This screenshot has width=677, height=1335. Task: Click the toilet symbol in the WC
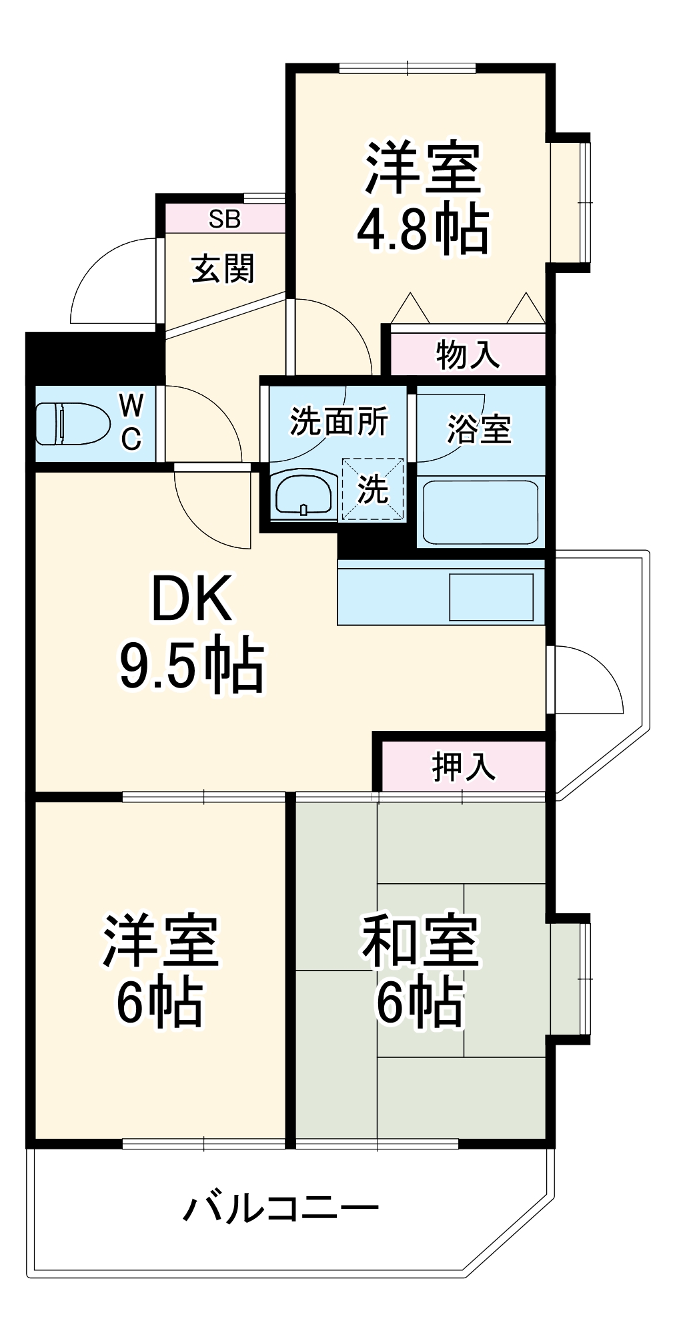(x=72, y=423)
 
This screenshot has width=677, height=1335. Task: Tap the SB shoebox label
(x=224, y=219)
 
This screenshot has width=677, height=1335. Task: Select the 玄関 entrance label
(x=223, y=269)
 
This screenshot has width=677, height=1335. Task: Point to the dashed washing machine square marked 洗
(x=373, y=489)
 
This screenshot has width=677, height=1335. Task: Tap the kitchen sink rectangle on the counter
(x=491, y=597)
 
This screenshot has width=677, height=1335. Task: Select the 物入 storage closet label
(x=468, y=354)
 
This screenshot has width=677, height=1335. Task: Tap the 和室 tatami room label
(x=421, y=941)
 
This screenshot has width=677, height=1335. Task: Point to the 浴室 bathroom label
(x=479, y=429)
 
